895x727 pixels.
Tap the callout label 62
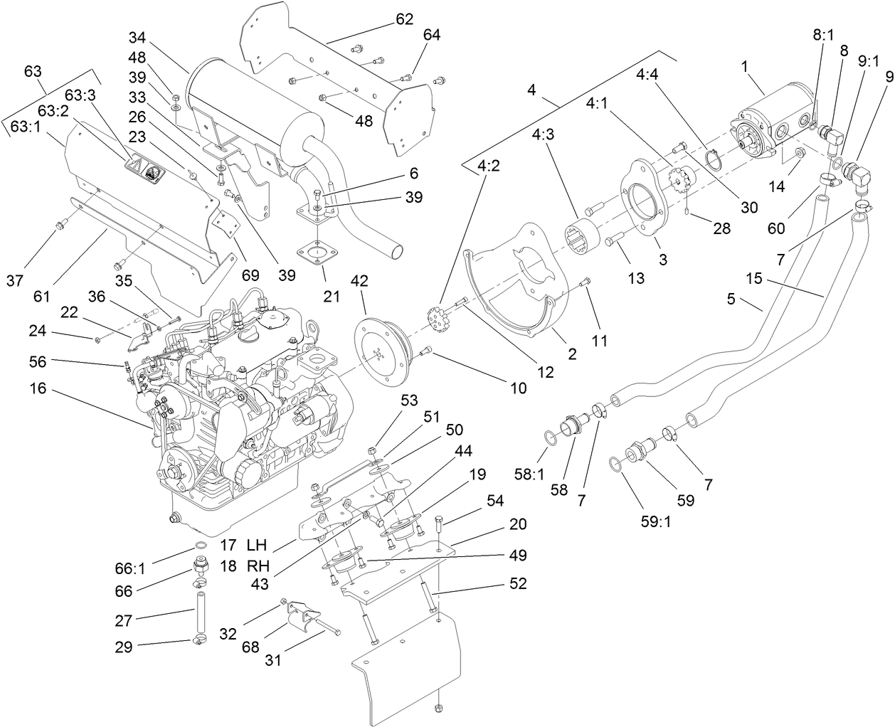[404, 19]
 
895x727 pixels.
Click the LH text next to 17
[256, 546]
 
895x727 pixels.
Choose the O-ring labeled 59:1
[616, 465]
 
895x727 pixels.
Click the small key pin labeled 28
[686, 211]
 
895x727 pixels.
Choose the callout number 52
[519, 583]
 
